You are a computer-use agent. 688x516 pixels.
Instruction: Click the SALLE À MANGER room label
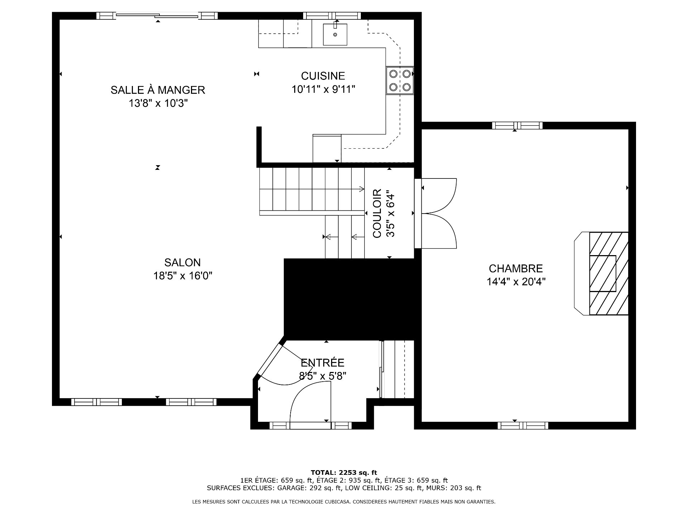[x=158, y=90]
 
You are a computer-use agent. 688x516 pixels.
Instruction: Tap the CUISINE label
[x=323, y=76]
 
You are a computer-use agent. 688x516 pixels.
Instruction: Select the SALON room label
[x=182, y=263]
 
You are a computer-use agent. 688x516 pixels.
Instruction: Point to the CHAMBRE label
[x=516, y=268]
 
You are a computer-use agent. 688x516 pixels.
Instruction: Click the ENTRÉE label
[x=322, y=363]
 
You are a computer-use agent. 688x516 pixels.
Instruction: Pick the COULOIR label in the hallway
[x=377, y=214]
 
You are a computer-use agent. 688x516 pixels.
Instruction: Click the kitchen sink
[x=335, y=34]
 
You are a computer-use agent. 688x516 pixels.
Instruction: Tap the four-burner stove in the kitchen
[x=400, y=81]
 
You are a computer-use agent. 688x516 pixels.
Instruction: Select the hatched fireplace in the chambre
[x=609, y=273]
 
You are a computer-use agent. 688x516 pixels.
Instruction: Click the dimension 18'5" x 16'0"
[x=183, y=276]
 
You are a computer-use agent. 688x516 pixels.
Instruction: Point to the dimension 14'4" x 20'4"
[x=516, y=282]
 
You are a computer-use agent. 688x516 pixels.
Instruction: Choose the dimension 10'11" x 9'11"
[x=323, y=89]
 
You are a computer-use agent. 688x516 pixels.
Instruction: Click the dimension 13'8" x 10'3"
[x=158, y=104]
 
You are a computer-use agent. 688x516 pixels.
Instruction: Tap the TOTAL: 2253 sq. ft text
[x=344, y=473]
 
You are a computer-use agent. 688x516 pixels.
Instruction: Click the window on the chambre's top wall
[x=517, y=125]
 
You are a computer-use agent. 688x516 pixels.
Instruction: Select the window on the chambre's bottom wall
[x=523, y=425]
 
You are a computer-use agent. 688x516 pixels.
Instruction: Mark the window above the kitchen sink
[x=332, y=15]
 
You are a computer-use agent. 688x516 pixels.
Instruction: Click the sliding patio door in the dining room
[x=157, y=15]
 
